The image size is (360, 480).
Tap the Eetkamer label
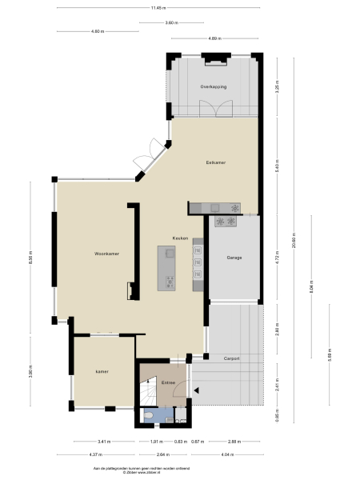pyautogui.click(x=215, y=162)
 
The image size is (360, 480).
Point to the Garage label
pyautogui.click(x=234, y=258)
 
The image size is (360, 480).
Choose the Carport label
pyautogui.click(x=232, y=358)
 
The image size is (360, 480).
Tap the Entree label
pyautogui.click(x=168, y=382)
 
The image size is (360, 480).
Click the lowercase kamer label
pyautogui.click(x=101, y=371)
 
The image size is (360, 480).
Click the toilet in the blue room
pyautogui.click(x=149, y=416)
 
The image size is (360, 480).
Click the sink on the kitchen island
pyautogui.click(x=170, y=254)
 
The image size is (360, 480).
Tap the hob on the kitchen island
pyautogui.click(x=170, y=280)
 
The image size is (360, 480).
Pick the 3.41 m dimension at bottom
pyautogui.click(x=104, y=441)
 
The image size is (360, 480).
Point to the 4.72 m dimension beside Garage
pyautogui.click(x=277, y=259)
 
